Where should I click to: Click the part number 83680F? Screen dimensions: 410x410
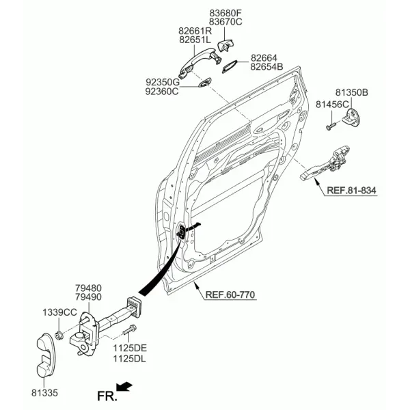[225, 13]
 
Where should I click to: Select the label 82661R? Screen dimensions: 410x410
[195, 31]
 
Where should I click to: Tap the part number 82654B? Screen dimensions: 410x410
[266, 67]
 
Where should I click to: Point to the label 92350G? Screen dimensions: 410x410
[163, 83]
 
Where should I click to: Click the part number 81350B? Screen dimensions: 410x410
[352, 92]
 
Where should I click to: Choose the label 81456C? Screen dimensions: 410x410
[332, 105]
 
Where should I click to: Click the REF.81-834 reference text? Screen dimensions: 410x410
[351, 190]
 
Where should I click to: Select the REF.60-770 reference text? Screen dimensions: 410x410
[230, 295]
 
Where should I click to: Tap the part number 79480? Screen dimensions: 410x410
[88, 288]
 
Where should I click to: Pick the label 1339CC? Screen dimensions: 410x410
[60, 312]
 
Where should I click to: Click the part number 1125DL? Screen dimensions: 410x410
[129, 359]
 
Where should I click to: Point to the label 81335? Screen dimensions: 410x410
[44, 393]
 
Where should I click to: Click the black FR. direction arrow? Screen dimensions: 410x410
[124, 387]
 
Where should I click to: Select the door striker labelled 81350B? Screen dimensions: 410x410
[351, 118]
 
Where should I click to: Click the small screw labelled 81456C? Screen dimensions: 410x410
[331, 126]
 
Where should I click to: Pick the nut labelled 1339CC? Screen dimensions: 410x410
[59, 335]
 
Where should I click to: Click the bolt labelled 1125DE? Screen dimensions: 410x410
[129, 331]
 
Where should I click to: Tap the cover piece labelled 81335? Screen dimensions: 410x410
[46, 355]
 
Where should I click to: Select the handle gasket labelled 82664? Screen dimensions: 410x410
[230, 66]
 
